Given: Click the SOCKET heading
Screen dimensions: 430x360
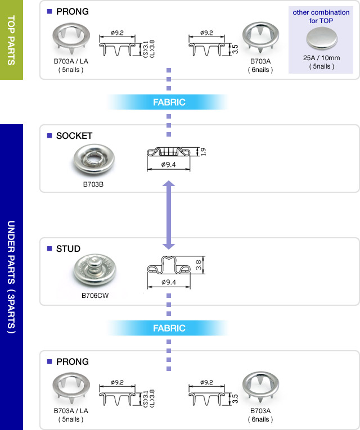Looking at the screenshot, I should tap(74, 136).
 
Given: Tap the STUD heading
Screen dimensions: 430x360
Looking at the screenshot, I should tap(68, 249).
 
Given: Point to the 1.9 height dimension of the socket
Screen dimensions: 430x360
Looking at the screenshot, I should tap(204, 152).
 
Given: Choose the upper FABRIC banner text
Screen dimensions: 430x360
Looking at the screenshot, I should tap(169, 102).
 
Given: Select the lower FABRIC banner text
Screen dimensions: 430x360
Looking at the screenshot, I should tap(169, 328).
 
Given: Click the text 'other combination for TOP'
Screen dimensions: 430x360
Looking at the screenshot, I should tap(321, 16).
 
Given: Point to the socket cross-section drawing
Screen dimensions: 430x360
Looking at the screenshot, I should tap(169, 152).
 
